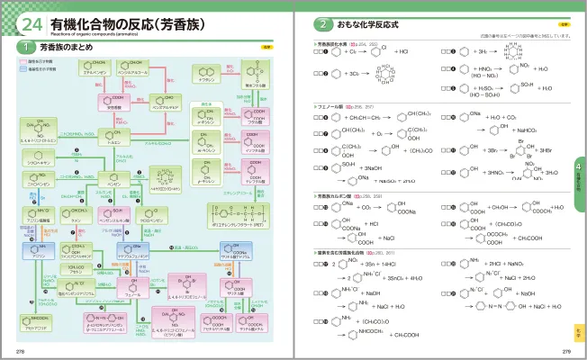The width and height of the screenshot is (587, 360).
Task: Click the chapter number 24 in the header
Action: coord(28,22)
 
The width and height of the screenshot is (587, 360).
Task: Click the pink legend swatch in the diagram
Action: coord(23,60)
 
